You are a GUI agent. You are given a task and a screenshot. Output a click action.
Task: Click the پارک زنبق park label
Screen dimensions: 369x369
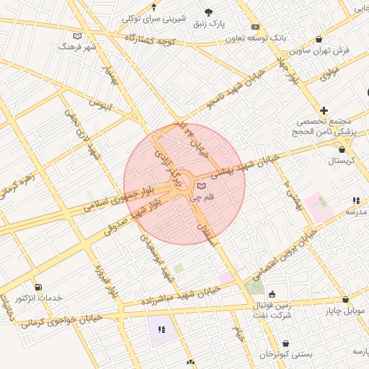click(209, 25)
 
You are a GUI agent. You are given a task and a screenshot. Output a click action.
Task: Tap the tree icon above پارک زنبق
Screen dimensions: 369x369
click(209, 12)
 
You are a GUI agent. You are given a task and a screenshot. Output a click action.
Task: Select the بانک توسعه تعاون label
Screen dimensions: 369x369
click(262, 38)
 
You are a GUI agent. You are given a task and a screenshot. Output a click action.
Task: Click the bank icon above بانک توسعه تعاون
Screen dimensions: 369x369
click(255, 27)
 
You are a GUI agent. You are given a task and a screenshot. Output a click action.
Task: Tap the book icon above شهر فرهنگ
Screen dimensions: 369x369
click(78, 35)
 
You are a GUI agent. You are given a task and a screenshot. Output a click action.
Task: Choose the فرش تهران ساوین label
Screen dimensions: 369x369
click(320, 50)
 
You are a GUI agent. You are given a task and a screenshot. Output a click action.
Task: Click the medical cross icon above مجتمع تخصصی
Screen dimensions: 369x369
click(324, 110)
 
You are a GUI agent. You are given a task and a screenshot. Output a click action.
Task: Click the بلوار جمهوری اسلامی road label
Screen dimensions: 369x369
click(118, 196)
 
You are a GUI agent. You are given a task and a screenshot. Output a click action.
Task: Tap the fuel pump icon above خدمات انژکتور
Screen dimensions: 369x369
click(37, 286)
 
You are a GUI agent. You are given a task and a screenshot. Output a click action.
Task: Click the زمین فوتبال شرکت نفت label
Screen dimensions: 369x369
click(272, 309)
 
